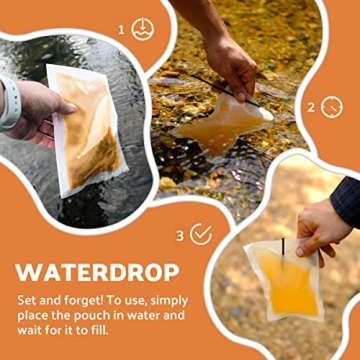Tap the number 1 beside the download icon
[122, 30]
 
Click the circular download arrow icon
[142, 29]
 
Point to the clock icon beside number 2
[332, 105]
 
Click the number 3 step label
[180, 235]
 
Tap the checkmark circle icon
[201, 234]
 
